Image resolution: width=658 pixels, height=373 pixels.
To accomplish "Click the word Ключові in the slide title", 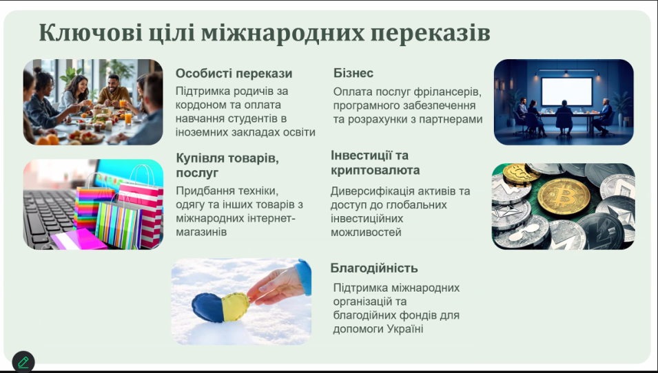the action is [x=91, y=33].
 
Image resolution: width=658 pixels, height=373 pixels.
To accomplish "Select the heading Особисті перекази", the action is [x=234, y=74].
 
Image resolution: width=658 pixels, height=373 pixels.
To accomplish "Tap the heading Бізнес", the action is [x=353, y=73].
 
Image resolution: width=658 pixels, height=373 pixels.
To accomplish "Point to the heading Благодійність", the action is [x=374, y=268].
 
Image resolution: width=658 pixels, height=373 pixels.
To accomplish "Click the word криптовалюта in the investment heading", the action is [x=375, y=171].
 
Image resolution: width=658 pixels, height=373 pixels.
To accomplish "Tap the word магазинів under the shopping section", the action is [x=201, y=232].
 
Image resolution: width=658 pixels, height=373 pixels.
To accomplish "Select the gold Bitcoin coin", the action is [x=564, y=197].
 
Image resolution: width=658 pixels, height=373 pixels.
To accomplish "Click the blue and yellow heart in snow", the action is [x=220, y=307].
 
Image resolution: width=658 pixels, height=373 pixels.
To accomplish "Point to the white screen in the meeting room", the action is [x=566, y=92].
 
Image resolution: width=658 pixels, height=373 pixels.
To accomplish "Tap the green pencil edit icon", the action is [x=23, y=362].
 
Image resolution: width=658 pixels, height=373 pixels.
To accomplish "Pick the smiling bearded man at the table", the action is [x=114, y=90].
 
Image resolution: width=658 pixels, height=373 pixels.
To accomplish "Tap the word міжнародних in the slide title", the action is [x=283, y=33].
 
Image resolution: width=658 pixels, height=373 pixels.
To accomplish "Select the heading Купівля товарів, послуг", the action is [x=227, y=165].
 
